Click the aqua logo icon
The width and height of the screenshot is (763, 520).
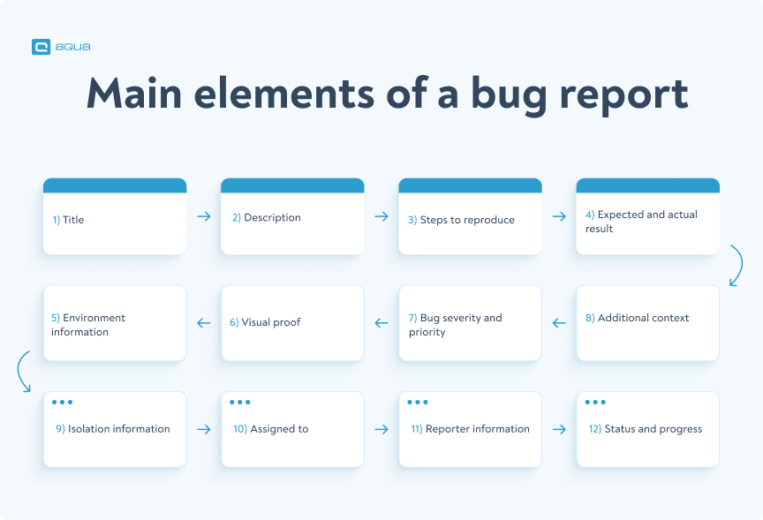(x=41, y=48)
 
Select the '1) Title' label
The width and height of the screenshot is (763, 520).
(x=68, y=220)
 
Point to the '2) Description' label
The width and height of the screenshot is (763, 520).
(x=266, y=218)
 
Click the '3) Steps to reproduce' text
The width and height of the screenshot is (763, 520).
(x=461, y=220)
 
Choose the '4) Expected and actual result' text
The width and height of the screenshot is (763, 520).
(x=641, y=222)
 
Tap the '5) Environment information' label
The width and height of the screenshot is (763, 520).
(x=88, y=325)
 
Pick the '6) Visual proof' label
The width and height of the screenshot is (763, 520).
(x=265, y=322)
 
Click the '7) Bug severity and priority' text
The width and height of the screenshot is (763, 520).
(x=456, y=325)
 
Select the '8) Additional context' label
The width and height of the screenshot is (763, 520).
(x=637, y=318)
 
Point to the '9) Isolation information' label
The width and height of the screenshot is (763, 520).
(x=112, y=429)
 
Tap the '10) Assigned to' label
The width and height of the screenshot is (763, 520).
(x=270, y=429)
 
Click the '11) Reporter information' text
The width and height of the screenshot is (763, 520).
(x=470, y=429)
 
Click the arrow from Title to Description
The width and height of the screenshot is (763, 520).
(x=204, y=216)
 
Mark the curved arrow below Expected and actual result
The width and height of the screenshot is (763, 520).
(x=735, y=267)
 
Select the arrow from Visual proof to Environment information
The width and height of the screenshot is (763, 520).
(x=204, y=323)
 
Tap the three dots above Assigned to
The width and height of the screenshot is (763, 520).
(x=240, y=403)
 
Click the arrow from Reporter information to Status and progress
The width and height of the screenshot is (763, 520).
(x=559, y=429)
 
